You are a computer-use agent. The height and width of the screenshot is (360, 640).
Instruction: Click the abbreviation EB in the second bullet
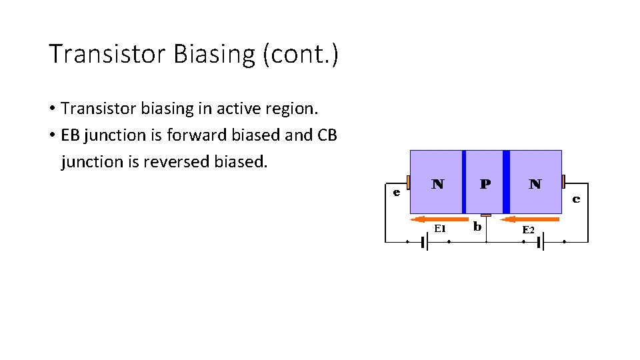(x=70, y=135)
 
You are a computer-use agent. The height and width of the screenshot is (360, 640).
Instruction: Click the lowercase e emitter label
(x=396, y=193)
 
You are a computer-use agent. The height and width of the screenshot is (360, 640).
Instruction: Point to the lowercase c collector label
(x=576, y=198)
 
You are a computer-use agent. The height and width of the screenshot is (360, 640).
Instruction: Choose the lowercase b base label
(x=477, y=227)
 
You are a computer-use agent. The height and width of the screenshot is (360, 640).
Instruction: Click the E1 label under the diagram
(x=439, y=227)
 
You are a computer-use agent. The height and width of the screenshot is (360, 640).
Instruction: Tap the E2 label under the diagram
(x=528, y=229)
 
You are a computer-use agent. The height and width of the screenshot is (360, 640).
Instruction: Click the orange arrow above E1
(x=439, y=219)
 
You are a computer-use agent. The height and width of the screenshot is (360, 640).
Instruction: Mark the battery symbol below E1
(x=425, y=242)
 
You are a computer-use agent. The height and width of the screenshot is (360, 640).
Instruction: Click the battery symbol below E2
(x=541, y=242)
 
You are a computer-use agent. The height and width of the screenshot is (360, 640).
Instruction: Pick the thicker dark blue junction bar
(x=506, y=182)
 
